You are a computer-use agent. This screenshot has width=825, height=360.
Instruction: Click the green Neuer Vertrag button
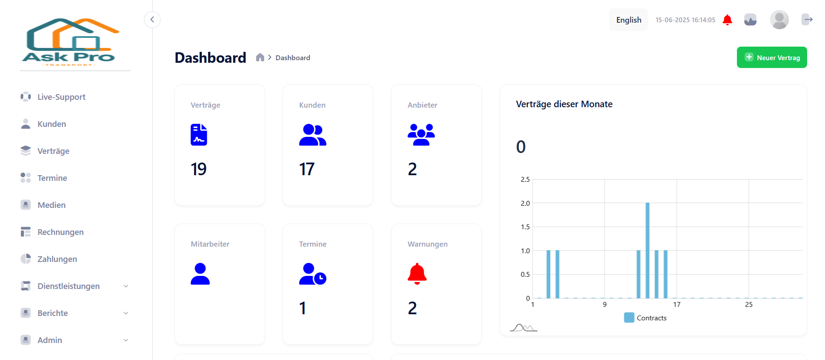(x=771, y=58)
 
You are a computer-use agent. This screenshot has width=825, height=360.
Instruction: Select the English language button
(x=628, y=20)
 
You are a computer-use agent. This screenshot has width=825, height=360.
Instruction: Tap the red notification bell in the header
(x=727, y=20)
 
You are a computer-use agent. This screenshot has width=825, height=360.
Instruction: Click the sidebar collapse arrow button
(x=152, y=20)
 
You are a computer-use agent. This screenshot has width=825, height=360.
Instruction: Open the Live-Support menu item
(x=61, y=97)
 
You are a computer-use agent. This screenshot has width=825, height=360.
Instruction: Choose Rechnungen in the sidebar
(x=60, y=232)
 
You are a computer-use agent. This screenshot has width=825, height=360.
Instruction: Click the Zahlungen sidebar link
(x=57, y=259)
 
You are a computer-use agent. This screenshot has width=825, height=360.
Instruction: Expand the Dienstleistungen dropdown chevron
(x=126, y=286)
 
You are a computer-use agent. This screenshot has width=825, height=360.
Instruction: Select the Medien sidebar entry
(x=51, y=205)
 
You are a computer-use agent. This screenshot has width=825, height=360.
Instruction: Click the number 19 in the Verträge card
(x=198, y=169)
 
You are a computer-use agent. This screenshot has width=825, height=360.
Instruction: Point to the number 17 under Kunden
(x=307, y=169)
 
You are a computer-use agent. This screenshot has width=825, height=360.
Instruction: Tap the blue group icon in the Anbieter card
(x=421, y=135)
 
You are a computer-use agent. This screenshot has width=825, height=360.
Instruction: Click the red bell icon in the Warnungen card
(x=417, y=274)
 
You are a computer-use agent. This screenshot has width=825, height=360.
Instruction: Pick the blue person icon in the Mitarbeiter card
(x=200, y=274)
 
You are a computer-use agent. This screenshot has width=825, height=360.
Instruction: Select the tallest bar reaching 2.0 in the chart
(x=648, y=250)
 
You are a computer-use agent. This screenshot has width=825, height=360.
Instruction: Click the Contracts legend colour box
(x=629, y=318)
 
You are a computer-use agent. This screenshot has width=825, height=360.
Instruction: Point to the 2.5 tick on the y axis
(x=525, y=180)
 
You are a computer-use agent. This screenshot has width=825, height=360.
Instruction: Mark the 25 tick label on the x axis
(x=748, y=305)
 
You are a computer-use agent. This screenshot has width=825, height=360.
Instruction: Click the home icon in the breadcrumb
(x=260, y=58)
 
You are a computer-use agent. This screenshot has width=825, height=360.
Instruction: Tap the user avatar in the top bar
(x=779, y=20)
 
